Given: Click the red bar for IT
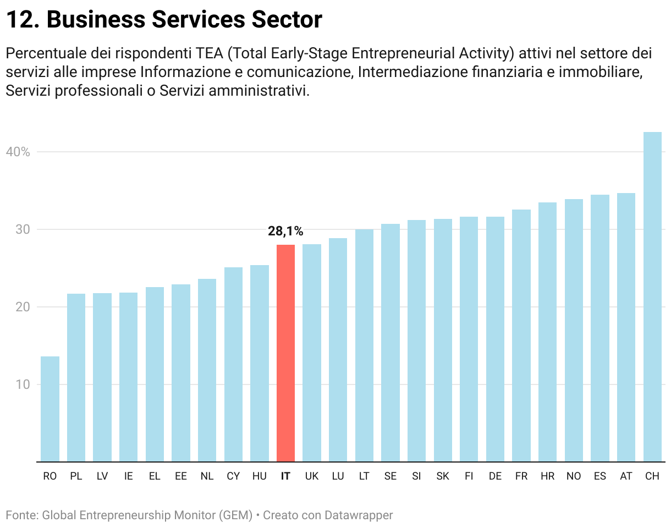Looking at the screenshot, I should (x=285, y=353).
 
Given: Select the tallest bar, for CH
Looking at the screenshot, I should (x=652, y=297).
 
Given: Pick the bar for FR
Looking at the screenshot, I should (x=521, y=335).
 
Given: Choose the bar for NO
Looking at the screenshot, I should (x=574, y=330).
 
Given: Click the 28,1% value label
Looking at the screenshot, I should (x=285, y=232).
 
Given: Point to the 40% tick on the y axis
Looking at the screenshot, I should (x=18, y=152).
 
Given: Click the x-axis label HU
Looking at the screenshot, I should (x=260, y=476).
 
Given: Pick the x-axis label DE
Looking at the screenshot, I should (x=495, y=476).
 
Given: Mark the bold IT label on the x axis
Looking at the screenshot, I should (x=285, y=476).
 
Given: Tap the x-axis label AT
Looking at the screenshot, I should (x=626, y=476).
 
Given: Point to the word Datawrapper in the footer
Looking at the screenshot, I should (x=359, y=515).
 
